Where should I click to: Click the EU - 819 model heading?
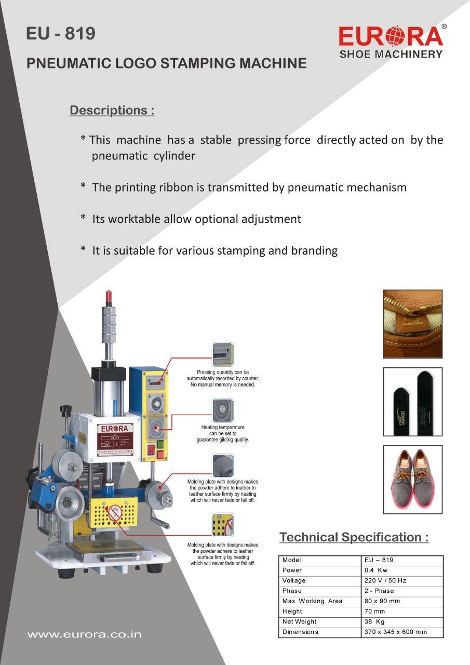pos(61,34)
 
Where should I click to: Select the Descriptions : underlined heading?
pos(112,111)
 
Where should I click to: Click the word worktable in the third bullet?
pos(134,219)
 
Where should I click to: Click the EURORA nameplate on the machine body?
pos(114,440)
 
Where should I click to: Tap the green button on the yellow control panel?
pos(160,445)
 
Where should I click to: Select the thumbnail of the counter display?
pos(222,354)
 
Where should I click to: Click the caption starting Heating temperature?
pos(222,433)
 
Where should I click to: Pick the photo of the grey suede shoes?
pos(412,479)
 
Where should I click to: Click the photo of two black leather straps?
pos(412,402)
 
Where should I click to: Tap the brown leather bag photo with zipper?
pos(412,324)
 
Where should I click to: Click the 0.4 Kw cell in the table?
pos(376,570)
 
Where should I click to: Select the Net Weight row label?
pos(300,622)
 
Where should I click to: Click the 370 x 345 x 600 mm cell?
pos(396,632)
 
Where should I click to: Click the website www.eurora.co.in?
pos(84,635)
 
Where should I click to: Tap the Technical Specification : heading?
pos(354,537)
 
